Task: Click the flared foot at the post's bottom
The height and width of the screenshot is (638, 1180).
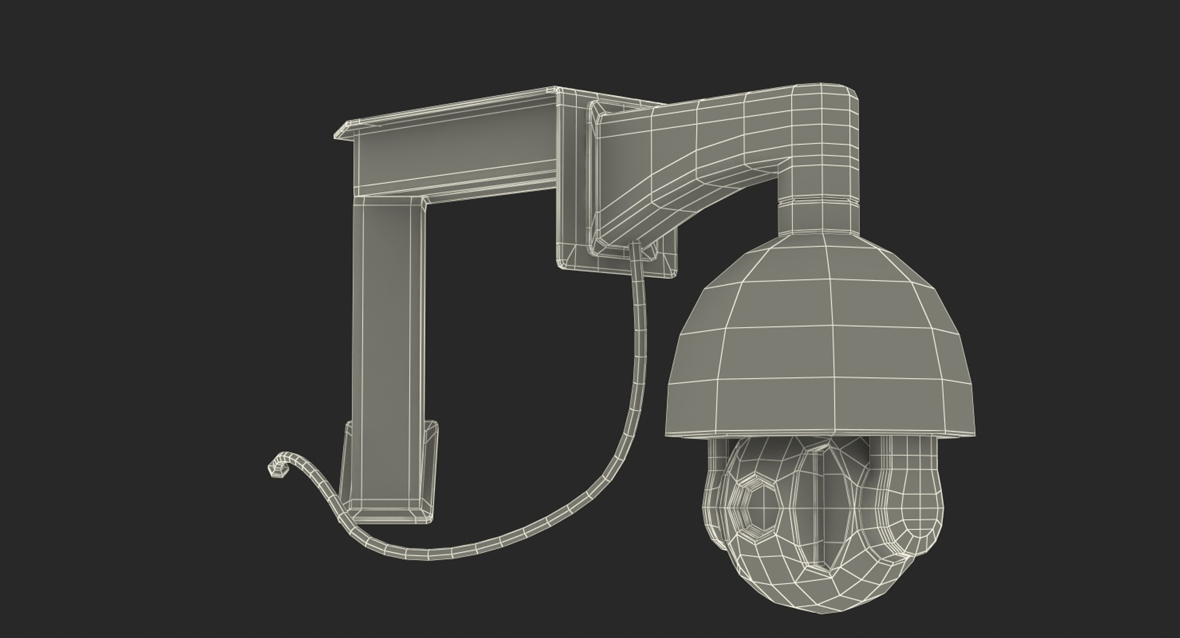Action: (x=388, y=473)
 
